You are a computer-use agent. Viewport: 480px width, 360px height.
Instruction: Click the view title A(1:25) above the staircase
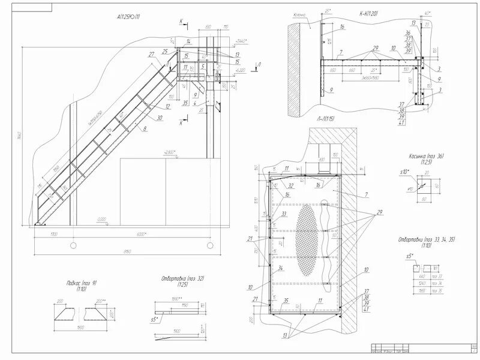point(128,17)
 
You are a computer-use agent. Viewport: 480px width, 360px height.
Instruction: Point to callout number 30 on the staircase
point(160,118)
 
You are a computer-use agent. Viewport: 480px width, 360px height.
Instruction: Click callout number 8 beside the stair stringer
point(145,128)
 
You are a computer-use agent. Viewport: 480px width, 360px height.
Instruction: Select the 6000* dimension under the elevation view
point(142,234)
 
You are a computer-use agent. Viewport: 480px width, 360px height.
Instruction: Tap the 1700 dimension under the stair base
point(54,234)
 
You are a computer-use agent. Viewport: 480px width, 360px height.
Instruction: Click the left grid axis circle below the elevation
point(73,245)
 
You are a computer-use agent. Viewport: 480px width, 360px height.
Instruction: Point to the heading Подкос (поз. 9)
point(79,282)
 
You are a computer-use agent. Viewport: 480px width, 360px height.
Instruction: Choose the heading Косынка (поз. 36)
point(427,157)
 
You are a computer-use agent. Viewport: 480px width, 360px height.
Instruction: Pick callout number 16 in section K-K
point(341,27)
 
